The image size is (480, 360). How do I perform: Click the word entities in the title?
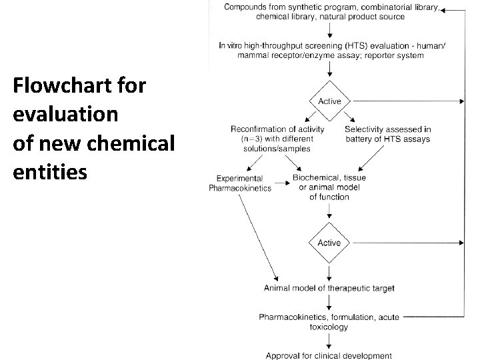tap(49, 172)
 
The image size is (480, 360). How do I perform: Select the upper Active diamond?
tap(329, 101)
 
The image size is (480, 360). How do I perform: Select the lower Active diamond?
tap(329, 243)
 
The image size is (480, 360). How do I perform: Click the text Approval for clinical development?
tap(329, 355)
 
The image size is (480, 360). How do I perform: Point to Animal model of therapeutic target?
tap(329, 289)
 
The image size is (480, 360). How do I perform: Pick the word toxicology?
tap(329, 327)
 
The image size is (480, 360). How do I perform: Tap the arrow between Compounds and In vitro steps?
tap(329, 31)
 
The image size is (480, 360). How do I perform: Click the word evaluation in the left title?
tap(65, 115)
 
